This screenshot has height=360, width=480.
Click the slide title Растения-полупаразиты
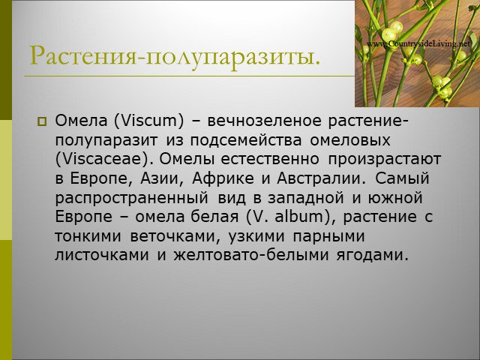pyautogui.click(x=175, y=55)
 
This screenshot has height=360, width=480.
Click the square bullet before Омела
pyautogui.click(x=42, y=121)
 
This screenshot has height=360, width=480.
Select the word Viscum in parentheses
pyautogui.click(x=150, y=121)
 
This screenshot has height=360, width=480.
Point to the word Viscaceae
pyautogui.click(x=103, y=159)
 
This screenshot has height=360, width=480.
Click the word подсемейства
pyautogui.click(x=246, y=140)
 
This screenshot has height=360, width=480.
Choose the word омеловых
pyautogui.click(x=350, y=140)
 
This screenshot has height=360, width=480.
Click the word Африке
pyautogui.click(x=223, y=178)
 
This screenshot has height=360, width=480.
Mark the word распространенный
pyautogui.click(x=132, y=198)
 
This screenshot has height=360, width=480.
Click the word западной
pyautogui.click(x=306, y=198)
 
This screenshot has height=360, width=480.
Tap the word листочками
pyautogui.click(x=102, y=255)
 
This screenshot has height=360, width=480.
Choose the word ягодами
pyautogui.click(x=373, y=256)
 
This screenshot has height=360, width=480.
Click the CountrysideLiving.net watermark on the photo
pyautogui.click(x=418, y=44)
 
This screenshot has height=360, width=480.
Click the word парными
pyautogui.click(x=328, y=237)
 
